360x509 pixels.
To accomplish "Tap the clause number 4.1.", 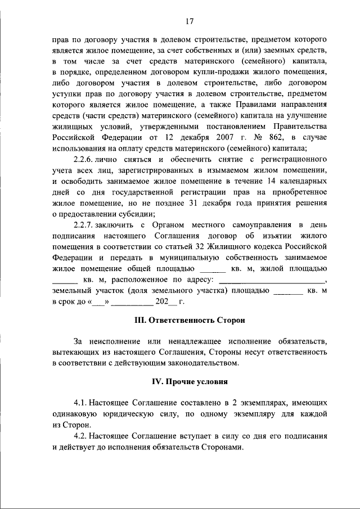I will pos(82,403).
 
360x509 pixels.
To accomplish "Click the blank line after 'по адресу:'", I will pos(272,280).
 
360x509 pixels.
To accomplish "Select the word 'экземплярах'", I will pos(249,403).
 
